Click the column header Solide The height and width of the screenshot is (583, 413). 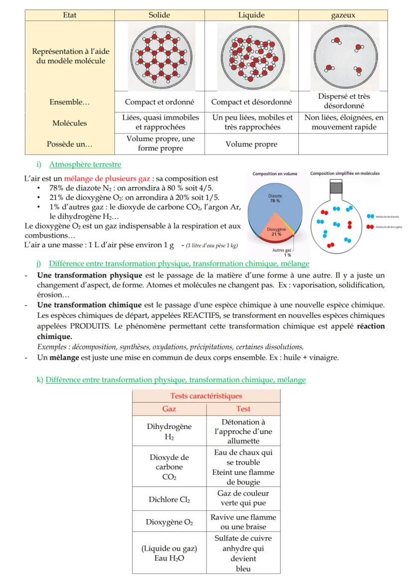click(160, 15)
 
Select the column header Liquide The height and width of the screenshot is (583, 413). click(251, 15)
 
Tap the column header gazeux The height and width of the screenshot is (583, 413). click(343, 15)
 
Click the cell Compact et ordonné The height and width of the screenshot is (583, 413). click(160, 102)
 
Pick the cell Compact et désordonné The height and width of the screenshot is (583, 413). click(251, 102)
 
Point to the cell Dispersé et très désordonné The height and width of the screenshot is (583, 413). click(343, 102)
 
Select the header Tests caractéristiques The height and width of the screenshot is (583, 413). click(206, 396)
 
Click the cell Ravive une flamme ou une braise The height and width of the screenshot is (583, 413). click(243, 522)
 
